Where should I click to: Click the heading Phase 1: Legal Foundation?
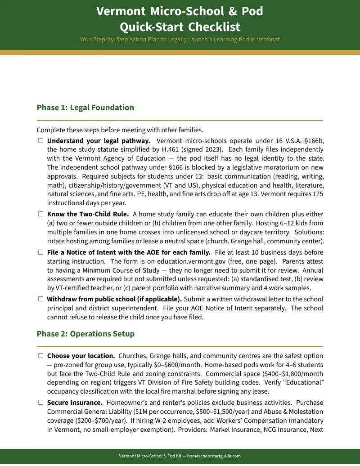(85, 108)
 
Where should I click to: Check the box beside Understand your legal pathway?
(40, 141)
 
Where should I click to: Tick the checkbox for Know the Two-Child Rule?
(40, 214)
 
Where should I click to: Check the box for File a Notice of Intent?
(40, 252)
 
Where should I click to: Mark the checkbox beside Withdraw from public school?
(40, 299)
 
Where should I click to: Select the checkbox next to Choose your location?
(40, 356)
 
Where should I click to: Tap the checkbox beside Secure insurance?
(40, 403)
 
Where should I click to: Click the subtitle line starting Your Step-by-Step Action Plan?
(180, 40)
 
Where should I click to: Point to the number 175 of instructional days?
(317, 194)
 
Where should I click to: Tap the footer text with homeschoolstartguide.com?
(180, 456)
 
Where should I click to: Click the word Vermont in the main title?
(121, 11)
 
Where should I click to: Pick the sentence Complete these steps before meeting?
(120, 130)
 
